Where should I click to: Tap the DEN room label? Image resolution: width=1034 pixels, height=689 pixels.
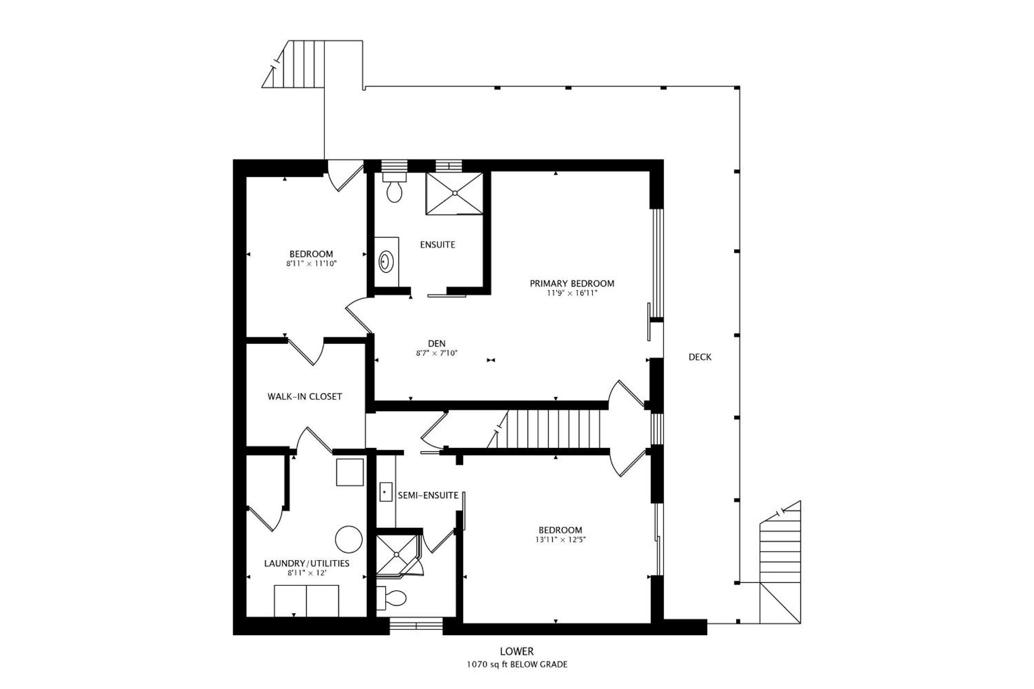point(437,344)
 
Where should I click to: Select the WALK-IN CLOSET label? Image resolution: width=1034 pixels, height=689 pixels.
point(305,396)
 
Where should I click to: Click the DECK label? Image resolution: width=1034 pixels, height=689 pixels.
point(700,357)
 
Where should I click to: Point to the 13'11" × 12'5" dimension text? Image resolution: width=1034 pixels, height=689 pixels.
point(560,540)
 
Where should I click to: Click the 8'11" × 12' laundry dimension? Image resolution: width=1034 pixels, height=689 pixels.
point(307,573)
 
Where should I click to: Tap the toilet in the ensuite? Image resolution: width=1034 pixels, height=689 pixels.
point(395,187)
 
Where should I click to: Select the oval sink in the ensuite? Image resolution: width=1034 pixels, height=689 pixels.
point(386,262)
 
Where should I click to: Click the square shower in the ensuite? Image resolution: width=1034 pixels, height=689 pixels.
point(455,193)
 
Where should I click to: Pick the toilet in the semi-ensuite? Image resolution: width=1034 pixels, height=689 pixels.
point(391,598)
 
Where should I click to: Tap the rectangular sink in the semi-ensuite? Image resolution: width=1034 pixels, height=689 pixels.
point(386,492)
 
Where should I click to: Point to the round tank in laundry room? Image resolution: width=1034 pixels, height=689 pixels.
point(349,539)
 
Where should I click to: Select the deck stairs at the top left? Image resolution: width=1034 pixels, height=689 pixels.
point(293,64)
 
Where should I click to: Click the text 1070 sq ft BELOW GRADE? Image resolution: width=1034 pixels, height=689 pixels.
point(517,664)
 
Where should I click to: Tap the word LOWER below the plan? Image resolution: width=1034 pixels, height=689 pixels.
point(517,652)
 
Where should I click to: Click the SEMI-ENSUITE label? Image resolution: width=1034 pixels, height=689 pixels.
point(428,495)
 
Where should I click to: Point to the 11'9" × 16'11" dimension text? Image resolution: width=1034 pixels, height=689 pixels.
point(572,293)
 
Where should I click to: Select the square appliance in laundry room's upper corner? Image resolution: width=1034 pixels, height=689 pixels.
point(350,472)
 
